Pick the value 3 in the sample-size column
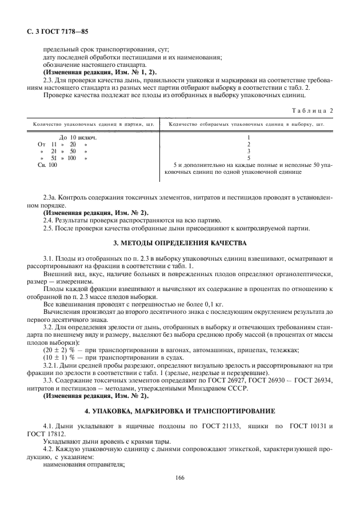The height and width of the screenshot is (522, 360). (249, 151)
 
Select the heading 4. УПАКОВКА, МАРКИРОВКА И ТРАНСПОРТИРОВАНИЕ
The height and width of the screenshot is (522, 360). (180, 411)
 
